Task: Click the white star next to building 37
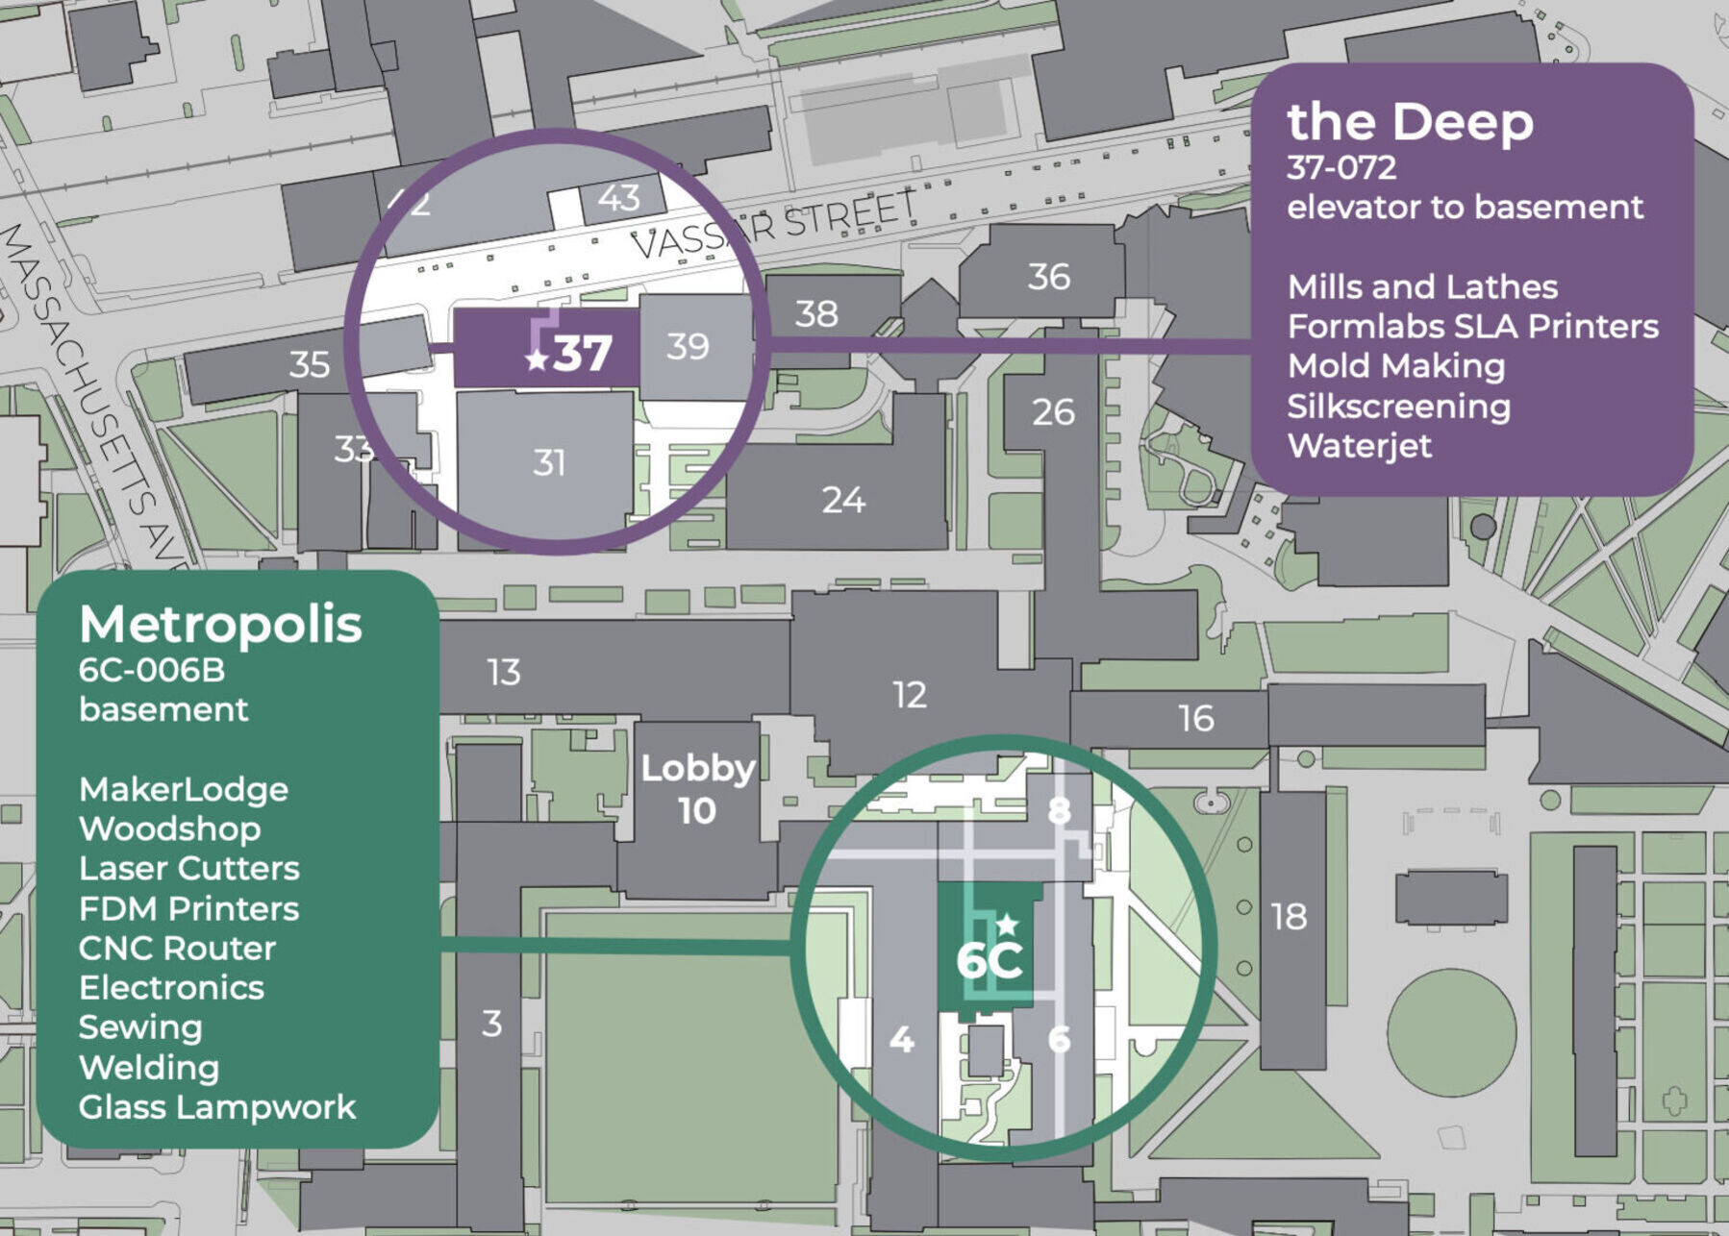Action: pos(537,360)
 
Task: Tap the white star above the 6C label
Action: pos(1007,925)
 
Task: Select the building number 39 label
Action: pos(688,346)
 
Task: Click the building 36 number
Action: pos(1048,277)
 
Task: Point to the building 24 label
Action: pos(843,500)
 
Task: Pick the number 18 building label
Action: pos(1289,917)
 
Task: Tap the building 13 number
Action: pos(504,672)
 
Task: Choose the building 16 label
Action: pos(1196,718)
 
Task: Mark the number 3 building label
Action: pos(491,1024)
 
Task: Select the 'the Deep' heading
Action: pos(1410,122)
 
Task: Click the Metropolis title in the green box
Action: pos(221,625)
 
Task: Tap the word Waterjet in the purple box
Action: pos(1359,446)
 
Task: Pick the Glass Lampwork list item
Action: pos(217,1107)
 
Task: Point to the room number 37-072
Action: pos(1341,167)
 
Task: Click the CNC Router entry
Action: pos(178,949)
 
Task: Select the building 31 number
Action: pos(549,463)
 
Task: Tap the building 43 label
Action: pos(618,198)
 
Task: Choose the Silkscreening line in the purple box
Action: pos(1398,407)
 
